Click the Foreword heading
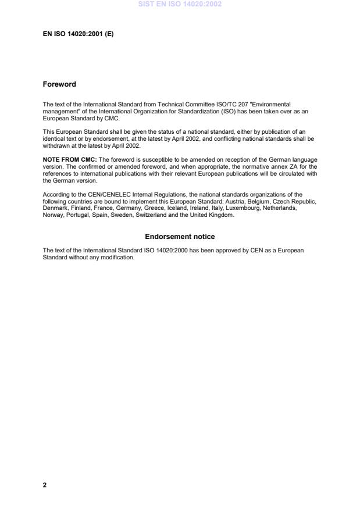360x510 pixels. point(59,84)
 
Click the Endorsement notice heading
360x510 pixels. point(180,237)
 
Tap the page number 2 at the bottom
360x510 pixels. point(45,485)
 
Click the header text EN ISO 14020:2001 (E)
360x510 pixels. point(78,34)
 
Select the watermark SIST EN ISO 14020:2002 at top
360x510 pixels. point(180,4)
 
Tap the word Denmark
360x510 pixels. point(55,207)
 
